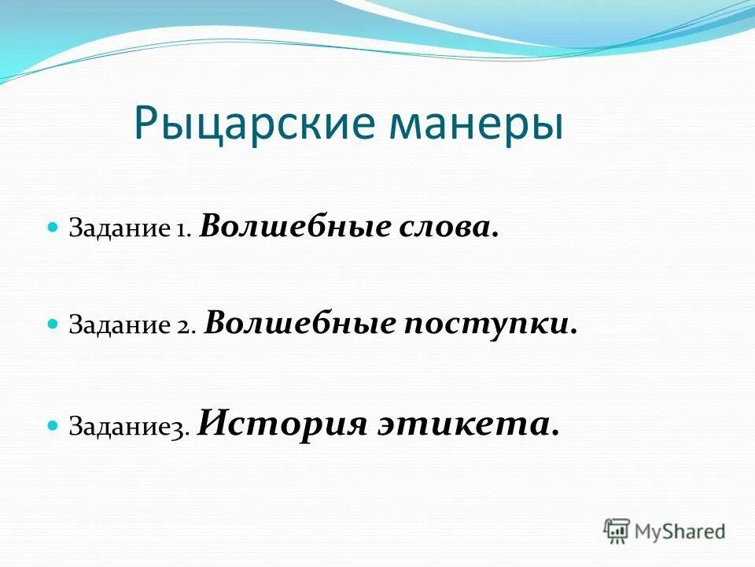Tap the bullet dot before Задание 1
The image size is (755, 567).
pos(53,227)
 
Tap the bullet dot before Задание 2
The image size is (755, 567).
pos(53,324)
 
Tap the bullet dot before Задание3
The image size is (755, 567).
pos(53,425)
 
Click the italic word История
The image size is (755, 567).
pos(283,424)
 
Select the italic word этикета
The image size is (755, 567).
pos(470,424)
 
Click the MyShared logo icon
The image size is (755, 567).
pos(617,531)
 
